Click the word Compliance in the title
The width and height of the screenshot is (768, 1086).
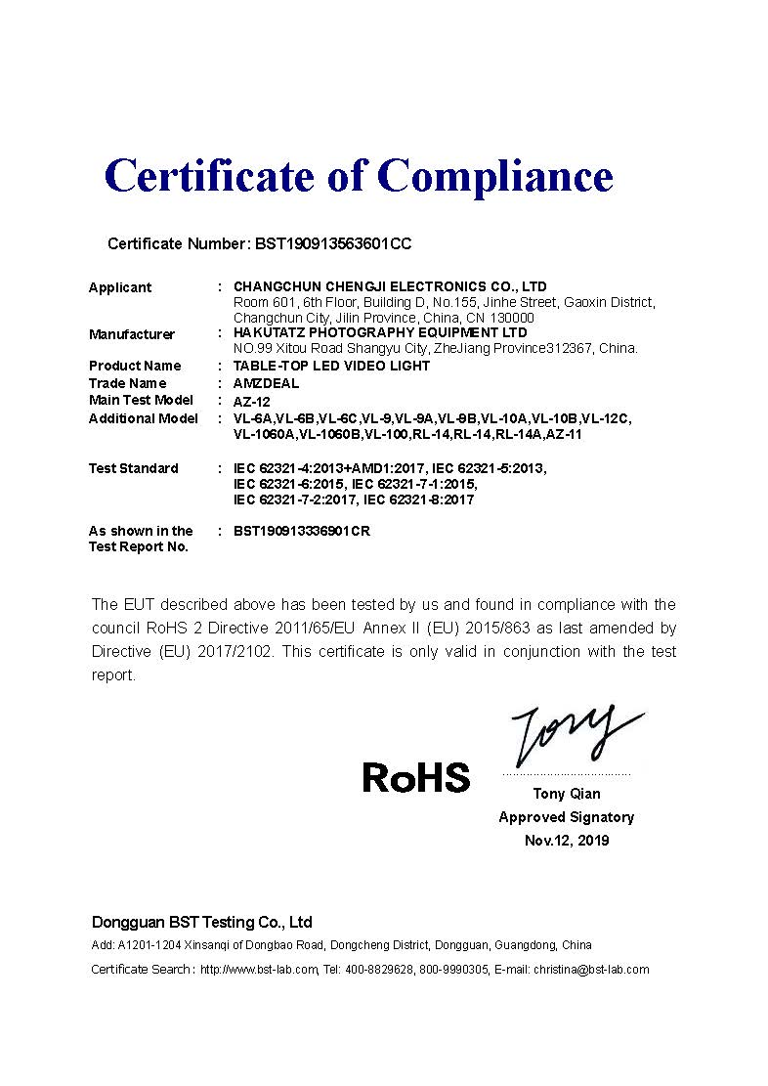(x=494, y=177)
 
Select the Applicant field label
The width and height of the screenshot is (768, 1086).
(x=120, y=287)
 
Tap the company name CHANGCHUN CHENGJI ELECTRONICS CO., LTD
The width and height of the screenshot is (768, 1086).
(x=390, y=286)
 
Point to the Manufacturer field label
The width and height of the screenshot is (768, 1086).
(x=132, y=334)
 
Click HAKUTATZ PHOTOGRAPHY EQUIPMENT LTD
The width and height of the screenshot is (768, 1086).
(x=380, y=333)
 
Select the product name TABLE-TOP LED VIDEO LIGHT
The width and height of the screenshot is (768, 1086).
(x=331, y=366)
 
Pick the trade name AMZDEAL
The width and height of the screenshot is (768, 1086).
(x=266, y=383)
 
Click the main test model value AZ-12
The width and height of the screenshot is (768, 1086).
(x=251, y=401)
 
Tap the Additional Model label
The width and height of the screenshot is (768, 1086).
(x=144, y=418)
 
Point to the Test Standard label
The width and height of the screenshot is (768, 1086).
(x=134, y=468)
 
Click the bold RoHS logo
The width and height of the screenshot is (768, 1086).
(x=415, y=778)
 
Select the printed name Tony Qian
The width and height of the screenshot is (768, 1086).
(x=567, y=794)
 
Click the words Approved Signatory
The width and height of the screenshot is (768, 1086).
(x=566, y=817)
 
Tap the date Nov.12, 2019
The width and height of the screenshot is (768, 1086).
(x=567, y=841)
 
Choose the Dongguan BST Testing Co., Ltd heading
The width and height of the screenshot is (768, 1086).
(x=202, y=922)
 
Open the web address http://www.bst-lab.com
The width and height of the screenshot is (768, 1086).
(x=259, y=970)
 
